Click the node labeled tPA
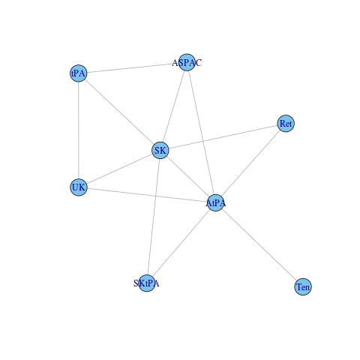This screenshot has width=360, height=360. point(79,73)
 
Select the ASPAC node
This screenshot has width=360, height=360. point(187,62)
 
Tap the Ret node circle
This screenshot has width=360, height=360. point(286,124)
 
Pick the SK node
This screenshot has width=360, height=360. point(160,150)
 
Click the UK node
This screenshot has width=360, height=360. point(79,187)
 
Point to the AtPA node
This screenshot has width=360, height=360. point(215,202)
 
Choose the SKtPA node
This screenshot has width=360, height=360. point(147,283)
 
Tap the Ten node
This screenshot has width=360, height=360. point(303,286)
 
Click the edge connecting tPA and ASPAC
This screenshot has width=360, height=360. point(133,67)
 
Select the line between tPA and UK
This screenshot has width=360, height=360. point(79,130)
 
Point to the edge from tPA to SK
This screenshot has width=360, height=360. point(119,112)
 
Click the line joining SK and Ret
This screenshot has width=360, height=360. point(223,137)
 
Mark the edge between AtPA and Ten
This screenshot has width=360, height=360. point(259,244)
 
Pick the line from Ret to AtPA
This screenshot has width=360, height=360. point(250,163)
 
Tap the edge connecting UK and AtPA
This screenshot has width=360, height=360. point(147,195)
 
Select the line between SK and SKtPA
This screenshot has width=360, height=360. point(154,217)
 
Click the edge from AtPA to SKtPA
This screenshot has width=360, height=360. point(181,243)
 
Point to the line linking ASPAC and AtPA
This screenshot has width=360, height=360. point(201,133)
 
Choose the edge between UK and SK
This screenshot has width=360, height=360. point(119,169)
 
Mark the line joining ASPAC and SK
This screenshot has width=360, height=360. point(174,106)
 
